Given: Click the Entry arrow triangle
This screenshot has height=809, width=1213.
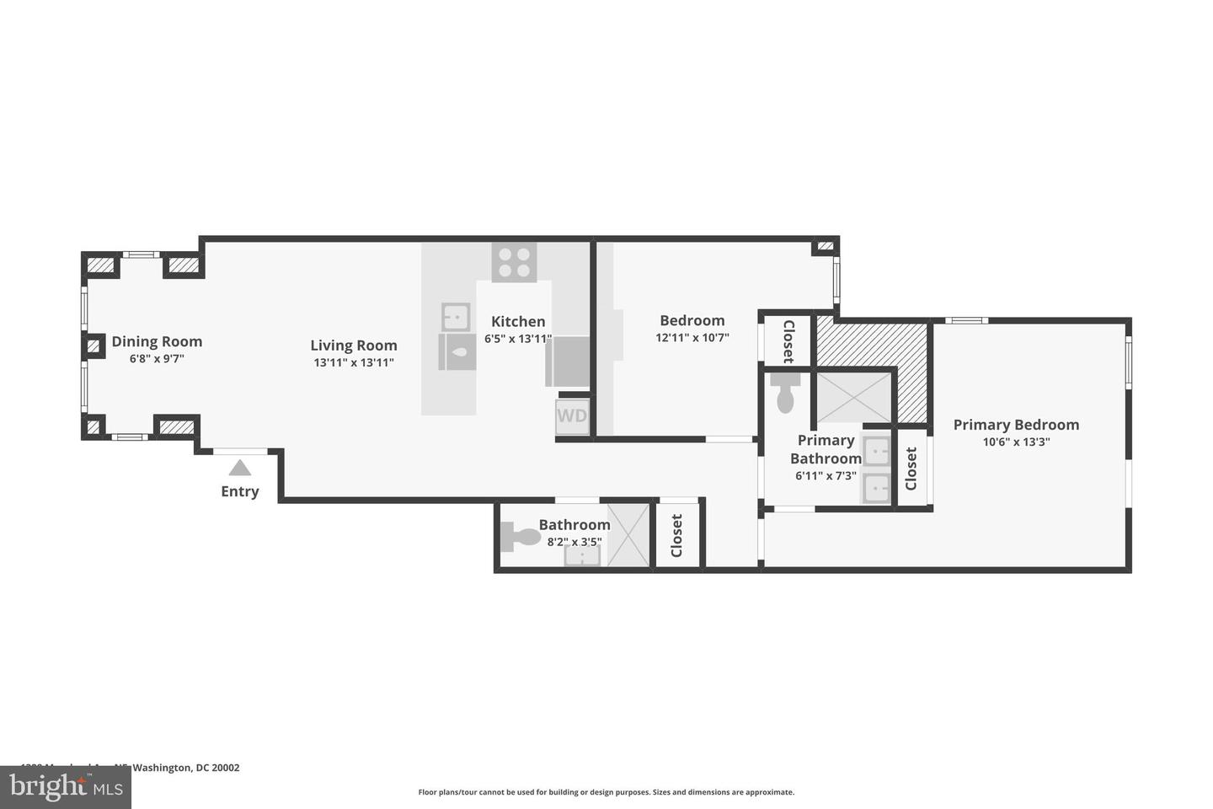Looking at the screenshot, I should click(240, 468).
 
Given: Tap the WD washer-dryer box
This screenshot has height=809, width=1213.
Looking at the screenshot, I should click(572, 416).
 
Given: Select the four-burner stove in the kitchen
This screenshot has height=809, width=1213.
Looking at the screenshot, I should click(515, 261).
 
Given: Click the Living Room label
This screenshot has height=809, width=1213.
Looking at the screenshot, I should click(354, 346).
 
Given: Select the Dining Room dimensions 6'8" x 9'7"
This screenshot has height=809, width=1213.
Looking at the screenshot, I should click(157, 359).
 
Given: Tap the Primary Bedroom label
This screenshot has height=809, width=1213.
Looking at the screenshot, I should click(1016, 425).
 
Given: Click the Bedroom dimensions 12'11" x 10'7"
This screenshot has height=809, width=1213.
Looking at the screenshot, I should click(692, 338).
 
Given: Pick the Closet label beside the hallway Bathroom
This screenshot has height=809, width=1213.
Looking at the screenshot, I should click(676, 536).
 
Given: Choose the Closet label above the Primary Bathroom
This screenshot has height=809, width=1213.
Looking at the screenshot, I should click(788, 341).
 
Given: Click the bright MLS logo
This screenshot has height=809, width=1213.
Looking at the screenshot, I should click(66, 787).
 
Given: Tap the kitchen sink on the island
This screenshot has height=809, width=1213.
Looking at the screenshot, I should click(456, 317).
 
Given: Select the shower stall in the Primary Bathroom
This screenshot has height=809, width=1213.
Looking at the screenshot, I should click(853, 398).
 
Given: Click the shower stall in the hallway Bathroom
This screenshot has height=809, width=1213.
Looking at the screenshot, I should click(628, 535).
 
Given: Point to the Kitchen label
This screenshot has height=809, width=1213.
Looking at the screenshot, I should click(518, 321).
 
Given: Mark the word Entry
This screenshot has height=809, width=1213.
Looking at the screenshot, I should click(240, 491).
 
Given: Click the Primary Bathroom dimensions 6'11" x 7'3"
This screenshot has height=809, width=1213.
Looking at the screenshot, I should click(826, 476).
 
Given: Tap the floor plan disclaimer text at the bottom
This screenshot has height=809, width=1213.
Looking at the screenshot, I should click(606, 792).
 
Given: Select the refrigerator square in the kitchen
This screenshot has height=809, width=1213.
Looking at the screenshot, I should click(569, 361).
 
